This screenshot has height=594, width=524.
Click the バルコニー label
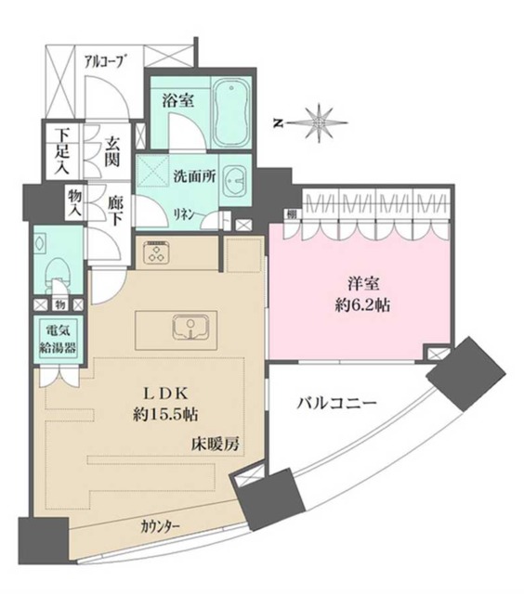coord(336,404)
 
